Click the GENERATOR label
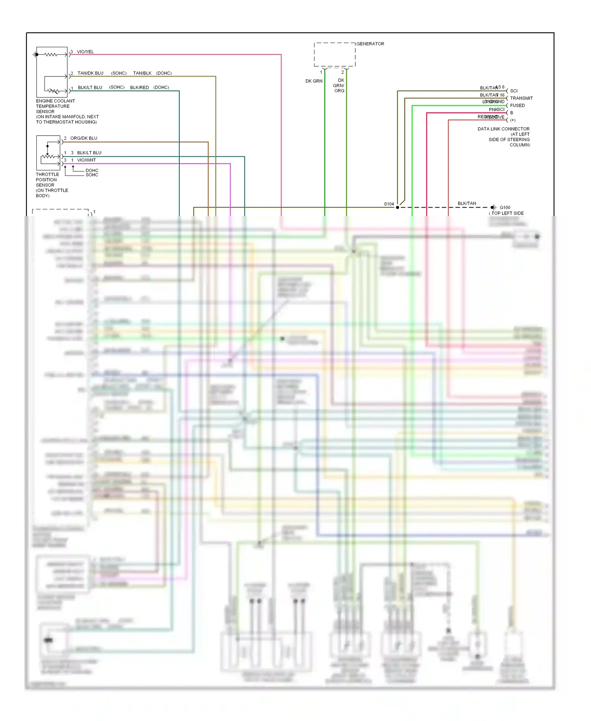(370, 44)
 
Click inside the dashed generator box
(335, 54)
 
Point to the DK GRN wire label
(314, 81)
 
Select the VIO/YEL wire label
(85, 52)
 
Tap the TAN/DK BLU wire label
(90, 73)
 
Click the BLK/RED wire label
(139, 88)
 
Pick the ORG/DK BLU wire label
(84, 138)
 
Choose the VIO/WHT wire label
(86, 160)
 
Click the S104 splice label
(389, 204)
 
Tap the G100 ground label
(505, 207)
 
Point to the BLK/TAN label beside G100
(466, 204)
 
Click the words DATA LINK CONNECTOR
(504, 129)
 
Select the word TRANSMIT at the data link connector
(521, 98)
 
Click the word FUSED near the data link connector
(517, 106)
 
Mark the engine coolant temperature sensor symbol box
(52, 72)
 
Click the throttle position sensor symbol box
(48, 153)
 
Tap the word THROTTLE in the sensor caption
(47, 174)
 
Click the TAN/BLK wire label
(142, 73)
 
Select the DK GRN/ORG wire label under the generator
(338, 86)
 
